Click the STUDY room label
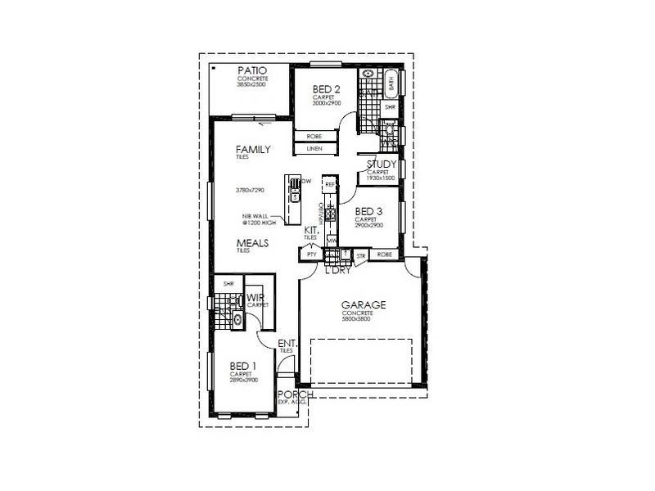coord(382,164)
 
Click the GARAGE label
coord(364,305)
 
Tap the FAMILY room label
coord(253,149)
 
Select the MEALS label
coord(254,243)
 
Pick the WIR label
coord(255,298)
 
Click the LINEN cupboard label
coord(314,150)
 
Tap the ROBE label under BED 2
coord(314,136)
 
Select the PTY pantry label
coord(310,255)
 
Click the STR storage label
coord(361,256)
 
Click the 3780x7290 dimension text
coord(249,190)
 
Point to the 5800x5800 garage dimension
coord(359,320)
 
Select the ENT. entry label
coord(286,343)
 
